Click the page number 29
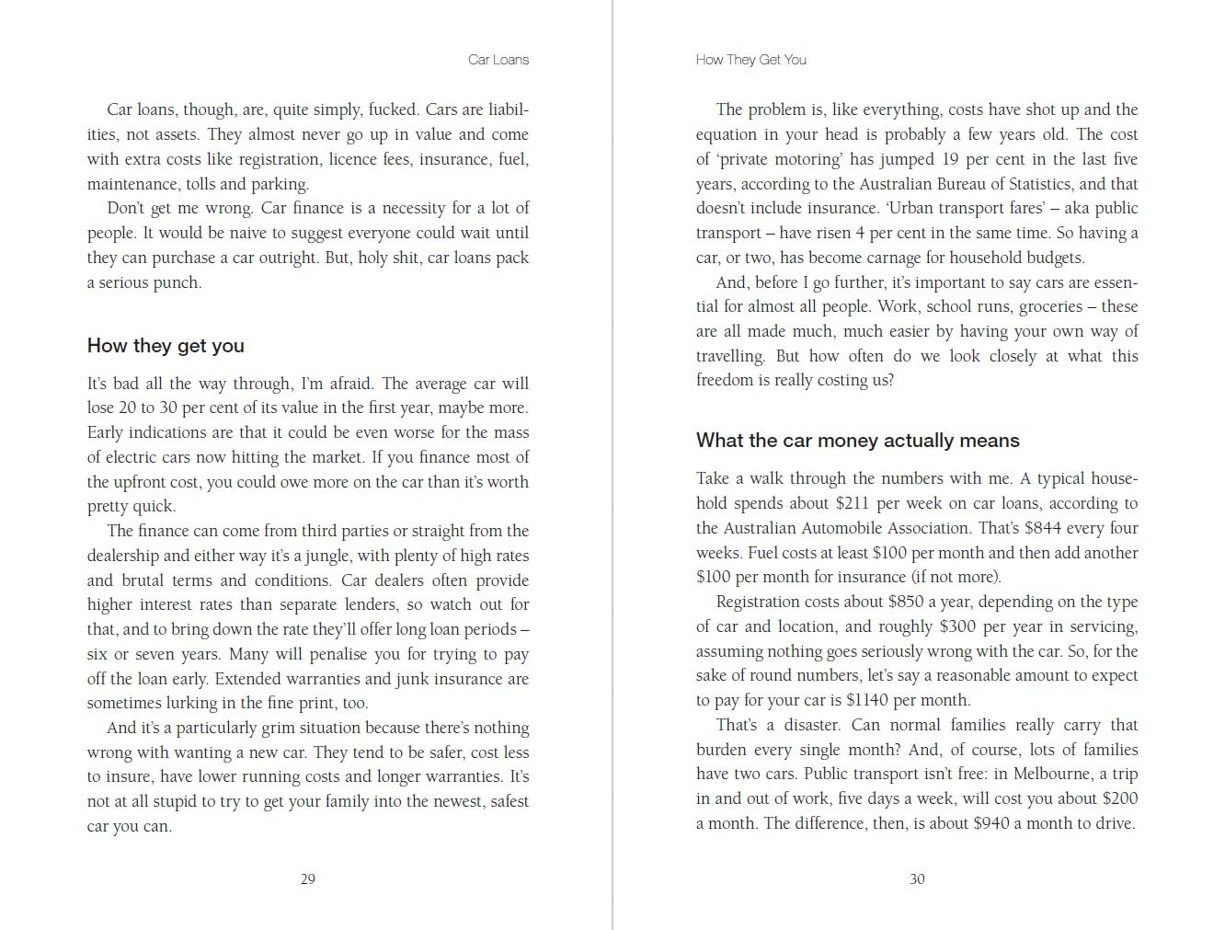click(308, 879)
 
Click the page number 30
click(917, 879)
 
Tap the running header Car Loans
click(498, 60)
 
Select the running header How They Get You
click(750, 60)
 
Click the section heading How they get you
click(166, 346)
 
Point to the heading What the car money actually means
click(857, 441)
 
